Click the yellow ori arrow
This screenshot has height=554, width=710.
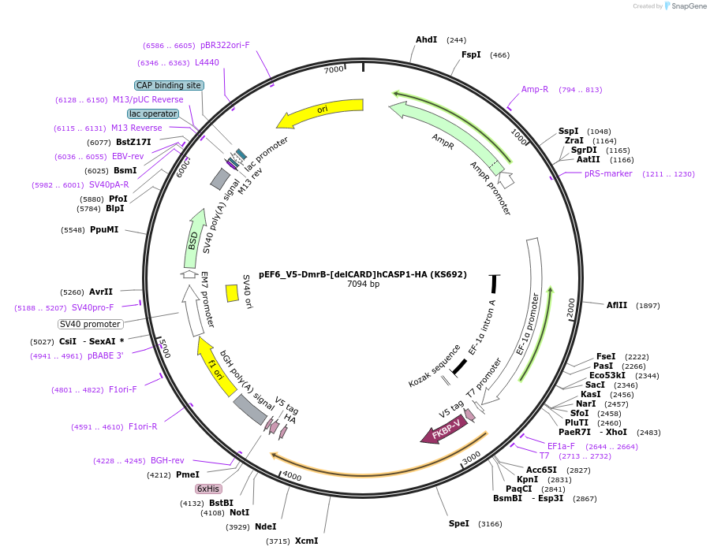pyautogui.click(x=322, y=111)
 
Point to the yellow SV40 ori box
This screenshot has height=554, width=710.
pyautogui.click(x=232, y=293)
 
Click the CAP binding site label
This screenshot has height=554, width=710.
pyautogui.click(x=170, y=85)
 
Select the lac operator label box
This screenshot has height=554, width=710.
pyautogui.click(x=153, y=114)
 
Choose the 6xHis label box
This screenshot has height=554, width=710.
pyautogui.click(x=208, y=489)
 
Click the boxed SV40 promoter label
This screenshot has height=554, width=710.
pyautogui.click(x=91, y=324)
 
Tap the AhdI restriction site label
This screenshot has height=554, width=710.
pyautogui.click(x=427, y=40)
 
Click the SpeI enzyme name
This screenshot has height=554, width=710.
pyautogui.click(x=459, y=523)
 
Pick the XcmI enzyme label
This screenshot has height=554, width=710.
pyautogui.click(x=307, y=541)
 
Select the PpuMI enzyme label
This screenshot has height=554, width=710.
pyautogui.click(x=104, y=230)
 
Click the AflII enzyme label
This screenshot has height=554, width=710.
pyautogui.click(x=617, y=305)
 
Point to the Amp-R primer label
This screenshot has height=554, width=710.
pyautogui.click(x=535, y=90)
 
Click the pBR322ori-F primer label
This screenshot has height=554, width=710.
pyautogui.click(x=225, y=45)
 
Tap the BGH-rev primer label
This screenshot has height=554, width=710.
pyautogui.click(x=167, y=460)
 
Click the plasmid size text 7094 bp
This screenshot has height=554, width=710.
pyautogui.click(x=363, y=284)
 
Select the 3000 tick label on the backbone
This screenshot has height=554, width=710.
pyautogui.click(x=471, y=458)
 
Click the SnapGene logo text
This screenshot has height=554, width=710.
pyautogui.click(x=688, y=6)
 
